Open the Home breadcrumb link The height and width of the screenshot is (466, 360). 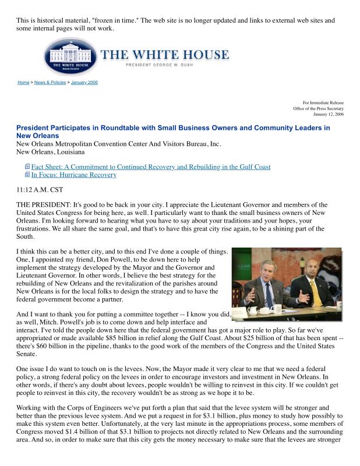(23, 83)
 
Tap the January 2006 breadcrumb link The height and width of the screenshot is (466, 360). (84, 83)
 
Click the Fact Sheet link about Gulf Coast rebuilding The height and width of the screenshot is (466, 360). (151, 167)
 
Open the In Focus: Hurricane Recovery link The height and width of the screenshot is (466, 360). (73, 175)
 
